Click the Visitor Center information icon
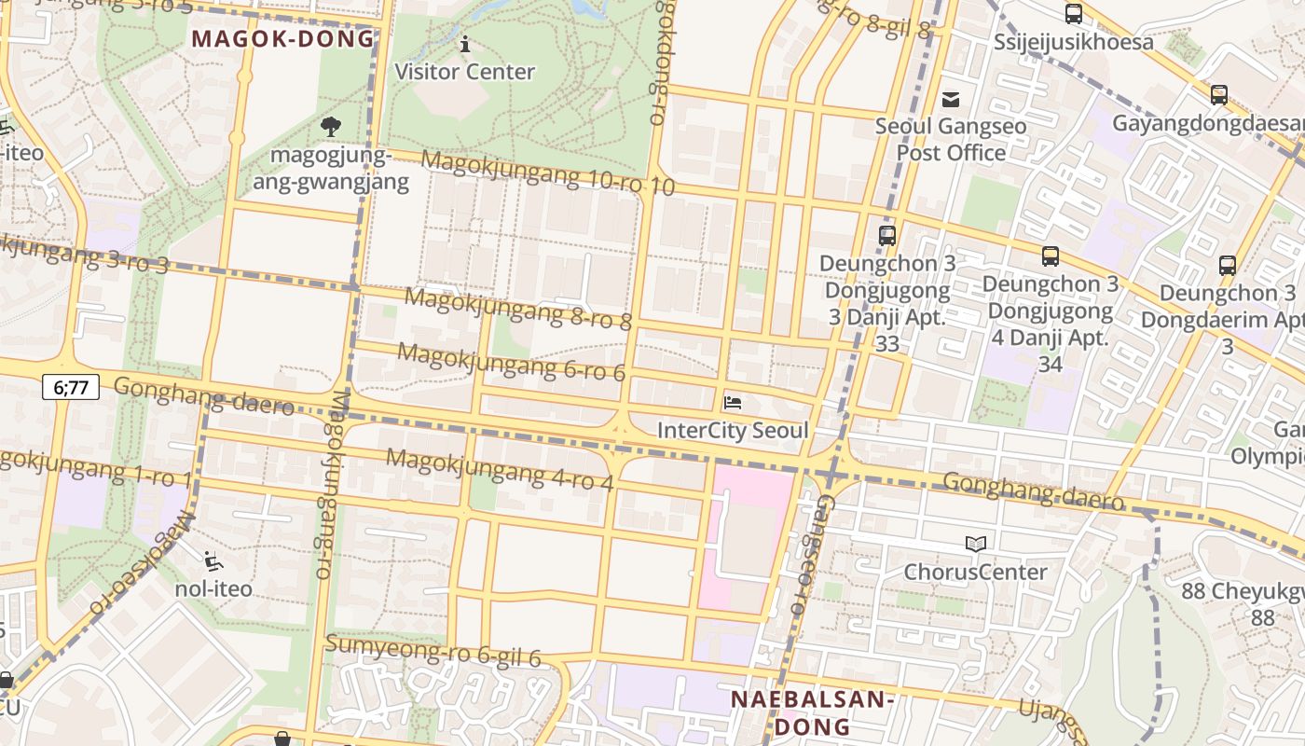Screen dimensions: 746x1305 pos(465,44)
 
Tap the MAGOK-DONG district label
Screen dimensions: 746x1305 pos(282,38)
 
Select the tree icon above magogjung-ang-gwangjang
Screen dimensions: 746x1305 pos(330,126)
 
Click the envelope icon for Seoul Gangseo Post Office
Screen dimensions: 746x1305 pos(951,99)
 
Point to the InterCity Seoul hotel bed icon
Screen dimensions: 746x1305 pos(733,403)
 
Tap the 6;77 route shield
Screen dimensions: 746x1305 pos(71,386)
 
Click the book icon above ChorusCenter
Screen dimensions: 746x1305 pos(976,544)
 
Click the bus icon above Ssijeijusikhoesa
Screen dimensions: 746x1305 pos(1074,14)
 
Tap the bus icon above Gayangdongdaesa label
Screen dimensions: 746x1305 pos(1218,95)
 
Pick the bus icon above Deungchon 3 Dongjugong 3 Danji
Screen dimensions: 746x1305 pos(887,236)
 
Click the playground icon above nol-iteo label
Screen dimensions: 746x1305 pos(213,560)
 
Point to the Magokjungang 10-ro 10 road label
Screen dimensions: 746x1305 pos(547,173)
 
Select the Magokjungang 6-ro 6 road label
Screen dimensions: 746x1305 pos(512,362)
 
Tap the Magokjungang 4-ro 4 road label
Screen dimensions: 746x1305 pos(500,470)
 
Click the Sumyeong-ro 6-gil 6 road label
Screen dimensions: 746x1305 pos(433,651)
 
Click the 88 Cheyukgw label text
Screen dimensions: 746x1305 pos(1242,591)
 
